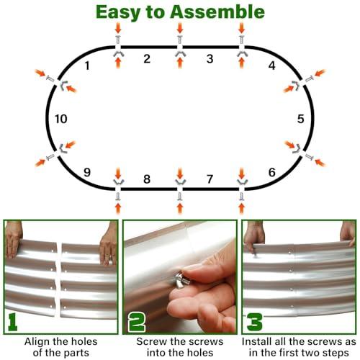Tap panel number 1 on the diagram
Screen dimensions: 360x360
pyautogui.click(x=87, y=67)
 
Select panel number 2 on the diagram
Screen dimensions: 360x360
pyautogui.click(x=146, y=59)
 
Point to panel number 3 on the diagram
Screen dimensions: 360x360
pyautogui.click(x=210, y=59)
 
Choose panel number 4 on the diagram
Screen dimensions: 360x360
pyautogui.click(x=271, y=66)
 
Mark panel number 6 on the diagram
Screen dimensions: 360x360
pyautogui.click(x=271, y=172)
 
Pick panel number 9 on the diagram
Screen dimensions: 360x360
pyautogui.click(x=87, y=172)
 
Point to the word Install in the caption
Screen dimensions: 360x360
pyautogui.click(x=260, y=341)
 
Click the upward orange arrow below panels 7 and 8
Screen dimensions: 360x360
pyautogui.click(x=179, y=209)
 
